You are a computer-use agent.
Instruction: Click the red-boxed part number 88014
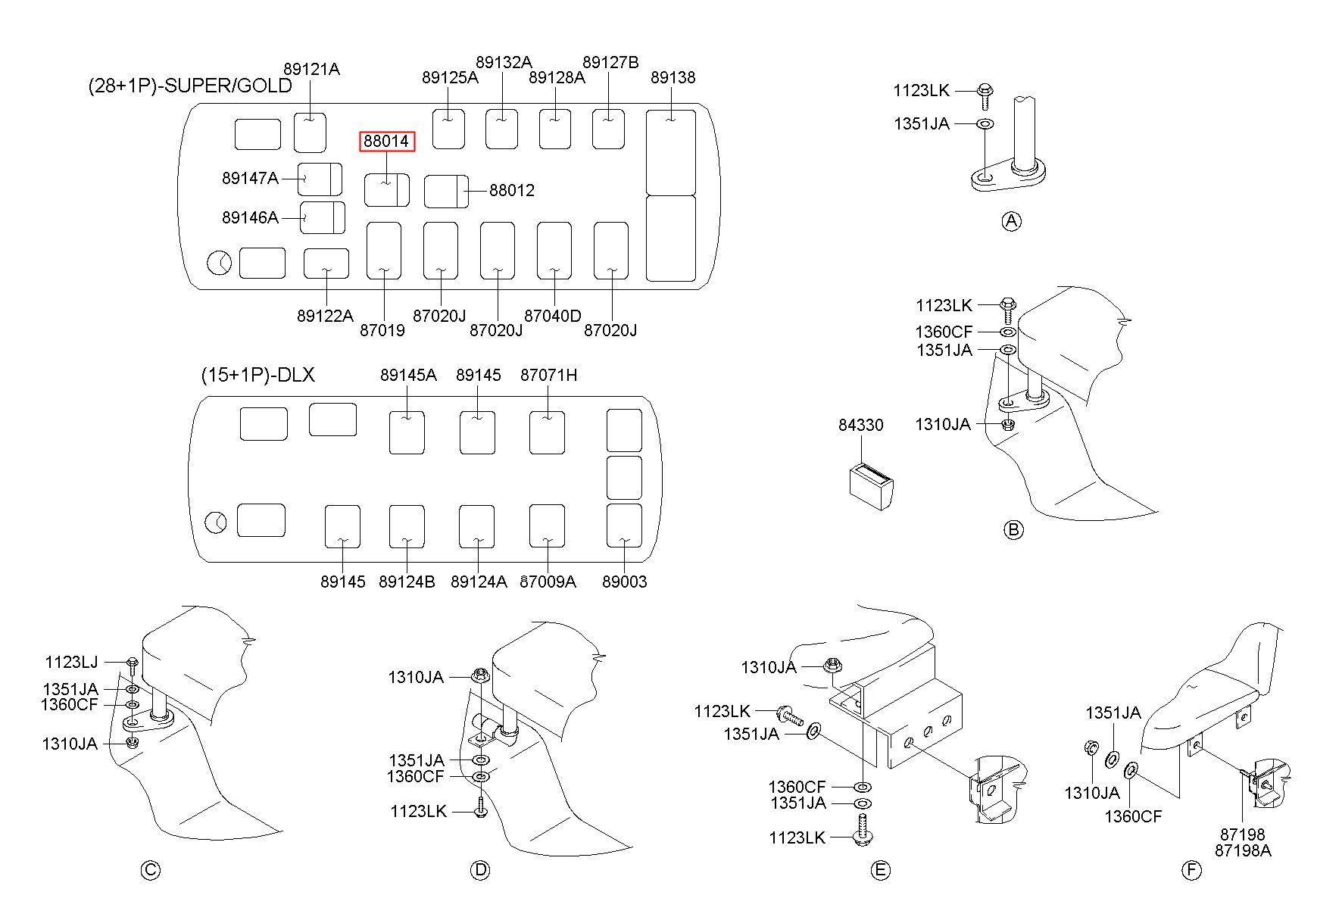(x=386, y=142)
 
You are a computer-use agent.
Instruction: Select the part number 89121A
(x=311, y=70)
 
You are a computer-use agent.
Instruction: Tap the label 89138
(x=673, y=77)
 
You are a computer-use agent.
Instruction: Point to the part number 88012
(x=512, y=190)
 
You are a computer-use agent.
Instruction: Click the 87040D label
(x=553, y=316)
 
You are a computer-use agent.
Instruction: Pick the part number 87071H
(x=548, y=375)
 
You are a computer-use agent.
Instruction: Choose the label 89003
(x=625, y=582)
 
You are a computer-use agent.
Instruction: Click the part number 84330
(x=860, y=425)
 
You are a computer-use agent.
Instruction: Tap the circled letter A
(x=1011, y=221)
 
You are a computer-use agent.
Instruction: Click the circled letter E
(x=880, y=871)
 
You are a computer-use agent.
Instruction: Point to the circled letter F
(x=1191, y=871)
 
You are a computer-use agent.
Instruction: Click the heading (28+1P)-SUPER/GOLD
(x=190, y=86)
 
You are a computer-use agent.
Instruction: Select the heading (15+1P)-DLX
(x=257, y=375)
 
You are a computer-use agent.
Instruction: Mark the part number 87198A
(x=1243, y=850)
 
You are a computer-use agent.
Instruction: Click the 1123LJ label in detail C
(x=71, y=663)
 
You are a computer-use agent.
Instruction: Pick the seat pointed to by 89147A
(x=319, y=179)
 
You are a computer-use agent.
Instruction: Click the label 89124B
(x=407, y=582)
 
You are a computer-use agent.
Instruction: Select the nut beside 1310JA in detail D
(x=479, y=675)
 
